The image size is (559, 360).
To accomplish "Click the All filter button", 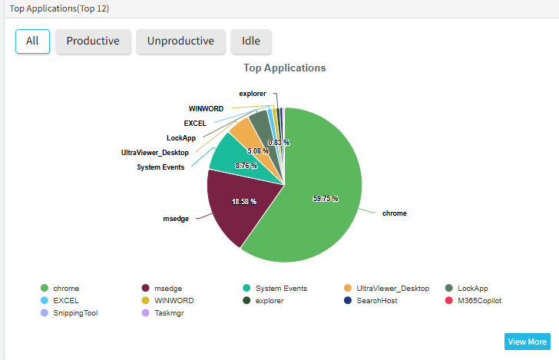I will point(32,41).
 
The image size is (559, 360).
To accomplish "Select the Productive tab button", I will point(93,41).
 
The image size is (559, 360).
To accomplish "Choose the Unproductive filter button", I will point(180,41).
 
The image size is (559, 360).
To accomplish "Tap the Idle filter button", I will point(251,41).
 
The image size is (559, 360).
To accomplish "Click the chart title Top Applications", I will point(284,68).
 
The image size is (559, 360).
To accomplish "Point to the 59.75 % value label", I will point(326,198).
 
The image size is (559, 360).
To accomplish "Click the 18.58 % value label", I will point(244,201).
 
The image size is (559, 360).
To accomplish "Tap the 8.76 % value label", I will point(246,166).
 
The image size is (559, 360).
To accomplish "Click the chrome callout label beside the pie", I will point(394,213).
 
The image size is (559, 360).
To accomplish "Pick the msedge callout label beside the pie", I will point(175,219).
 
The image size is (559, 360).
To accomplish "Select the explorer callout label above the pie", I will point(253,94).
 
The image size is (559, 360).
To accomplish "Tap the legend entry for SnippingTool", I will point(75,313).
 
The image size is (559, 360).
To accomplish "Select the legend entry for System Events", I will point(281,289).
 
